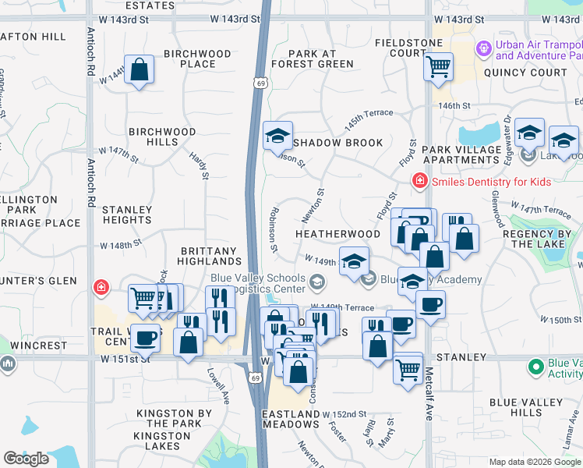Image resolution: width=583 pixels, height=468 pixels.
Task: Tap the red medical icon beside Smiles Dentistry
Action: (x=419, y=181)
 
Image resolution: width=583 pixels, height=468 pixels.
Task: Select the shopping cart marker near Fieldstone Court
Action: (x=438, y=66)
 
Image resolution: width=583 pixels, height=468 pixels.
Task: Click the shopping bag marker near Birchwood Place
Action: (x=139, y=70)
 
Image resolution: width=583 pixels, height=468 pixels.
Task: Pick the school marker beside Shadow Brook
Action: (x=277, y=136)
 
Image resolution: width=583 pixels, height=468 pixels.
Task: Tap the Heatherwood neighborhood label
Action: (x=337, y=234)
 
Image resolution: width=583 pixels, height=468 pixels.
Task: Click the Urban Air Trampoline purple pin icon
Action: (x=484, y=49)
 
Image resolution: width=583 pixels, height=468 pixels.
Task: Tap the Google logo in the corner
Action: (x=26, y=459)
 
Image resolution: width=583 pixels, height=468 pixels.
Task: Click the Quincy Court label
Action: (x=525, y=73)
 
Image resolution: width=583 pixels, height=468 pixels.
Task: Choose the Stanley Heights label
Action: (x=126, y=215)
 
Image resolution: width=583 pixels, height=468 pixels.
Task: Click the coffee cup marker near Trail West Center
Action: (x=144, y=339)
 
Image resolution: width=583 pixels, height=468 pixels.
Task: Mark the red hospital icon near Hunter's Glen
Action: (x=101, y=288)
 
